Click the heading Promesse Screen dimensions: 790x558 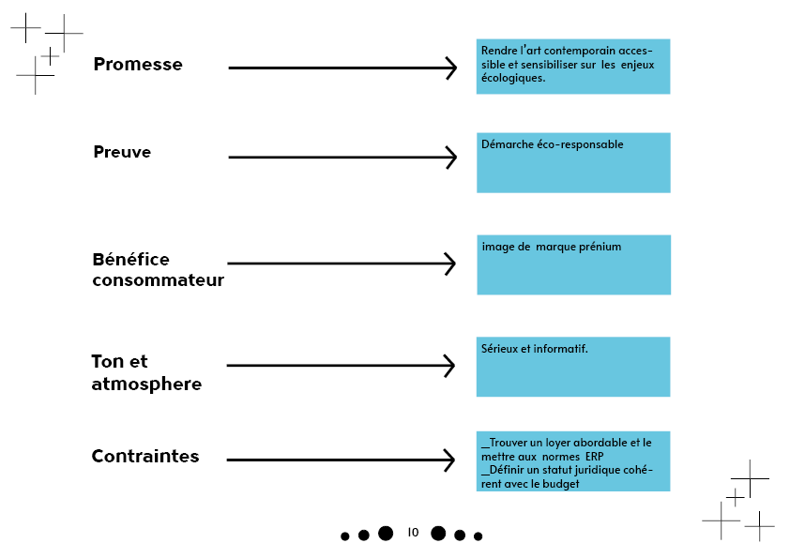138,65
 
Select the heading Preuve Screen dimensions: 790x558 122,152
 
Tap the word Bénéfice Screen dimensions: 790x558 131,260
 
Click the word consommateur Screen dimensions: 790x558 159,280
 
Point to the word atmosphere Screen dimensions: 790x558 146,384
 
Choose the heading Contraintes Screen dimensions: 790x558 145,456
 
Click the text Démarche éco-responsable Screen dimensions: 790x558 553,144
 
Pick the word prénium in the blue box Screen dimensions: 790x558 600,247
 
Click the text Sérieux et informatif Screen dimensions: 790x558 535,349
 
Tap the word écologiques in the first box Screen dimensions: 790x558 512,79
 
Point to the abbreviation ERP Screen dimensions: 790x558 595,457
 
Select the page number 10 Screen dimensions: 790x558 413,533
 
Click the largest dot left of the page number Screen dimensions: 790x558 386,533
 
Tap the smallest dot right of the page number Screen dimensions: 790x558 479,536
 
